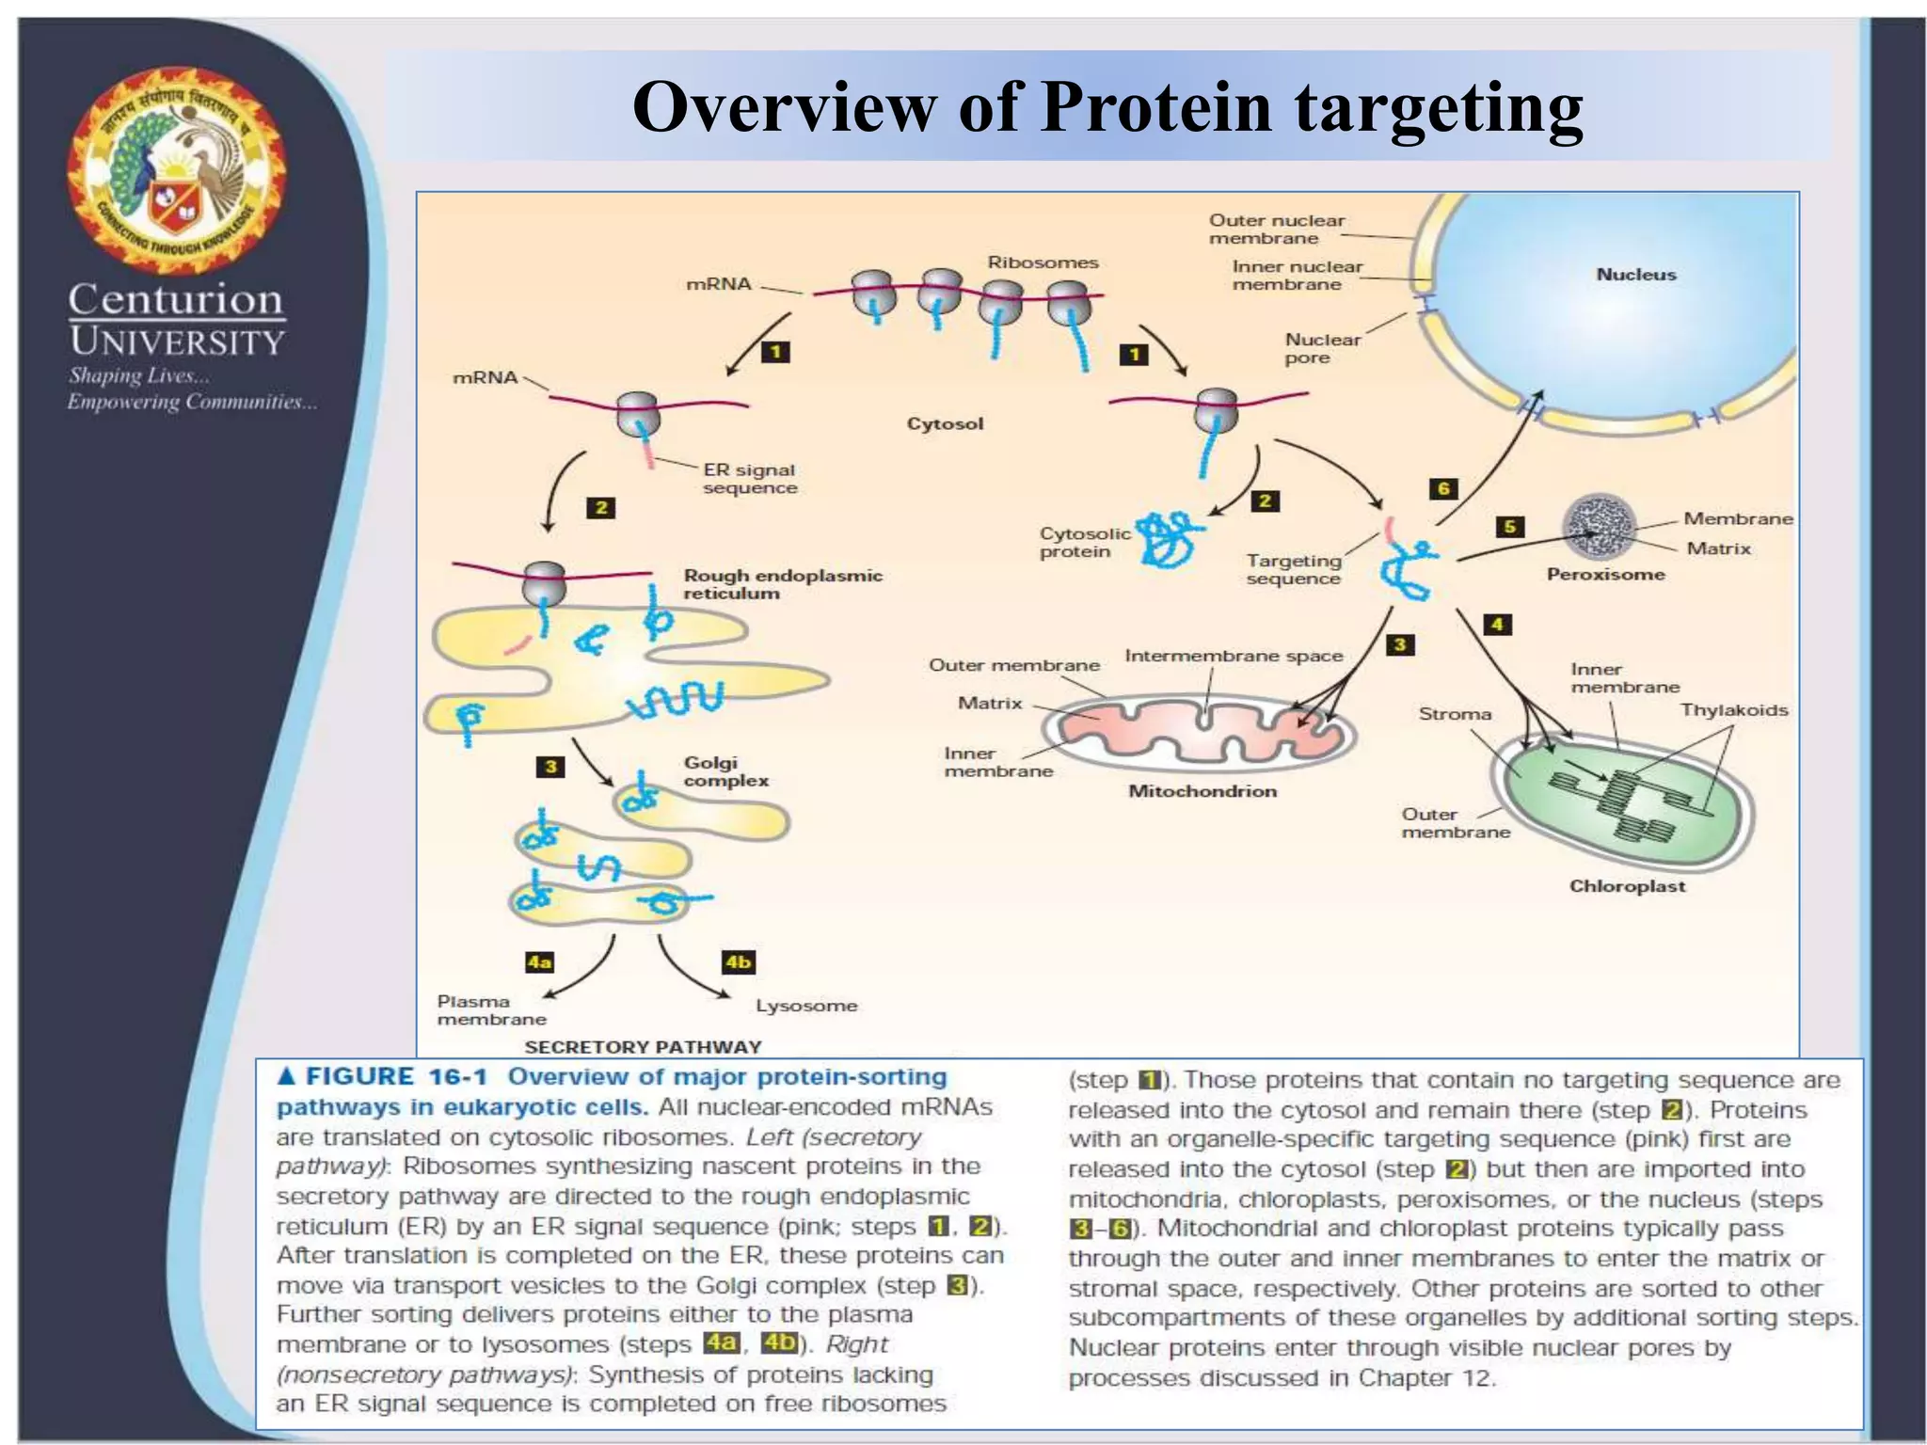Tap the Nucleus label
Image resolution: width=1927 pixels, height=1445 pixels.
point(1635,275)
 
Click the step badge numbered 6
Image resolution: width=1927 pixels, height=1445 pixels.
point(1442,488)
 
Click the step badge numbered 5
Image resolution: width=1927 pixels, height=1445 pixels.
point(1509,526)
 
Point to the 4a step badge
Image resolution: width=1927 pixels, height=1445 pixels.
point(539,962)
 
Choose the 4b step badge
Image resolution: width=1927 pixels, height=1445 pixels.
point(738,962)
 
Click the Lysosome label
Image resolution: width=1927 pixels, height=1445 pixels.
point(806,1006)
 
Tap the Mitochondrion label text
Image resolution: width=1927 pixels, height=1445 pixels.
point(1202,791)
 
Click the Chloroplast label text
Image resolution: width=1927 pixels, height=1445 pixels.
point(1627,886)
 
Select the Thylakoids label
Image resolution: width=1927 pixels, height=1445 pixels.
point(1733,710)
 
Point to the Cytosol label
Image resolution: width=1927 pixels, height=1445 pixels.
point(945,423)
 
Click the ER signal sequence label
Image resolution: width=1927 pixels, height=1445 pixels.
point(749,478)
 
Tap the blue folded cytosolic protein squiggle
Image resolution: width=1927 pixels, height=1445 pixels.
point(1168,540)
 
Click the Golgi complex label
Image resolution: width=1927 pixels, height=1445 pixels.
point(725,771)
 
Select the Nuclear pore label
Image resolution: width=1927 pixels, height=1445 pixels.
point(1322,348)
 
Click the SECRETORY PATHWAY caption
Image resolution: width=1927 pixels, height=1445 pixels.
point(643,1047)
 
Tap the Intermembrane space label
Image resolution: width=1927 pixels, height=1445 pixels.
point(1234,656)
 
